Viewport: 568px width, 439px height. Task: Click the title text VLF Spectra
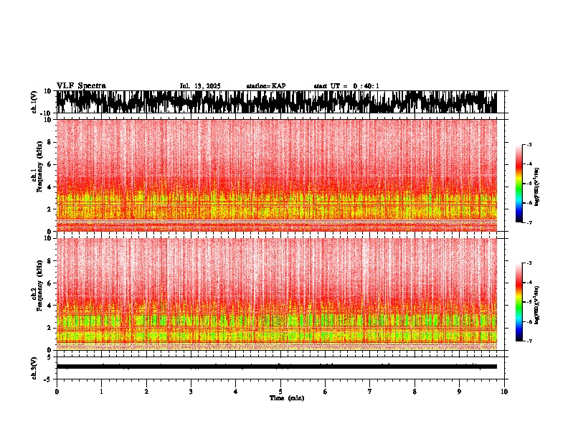click(81, 85)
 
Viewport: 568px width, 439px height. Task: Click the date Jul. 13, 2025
click(200, 86)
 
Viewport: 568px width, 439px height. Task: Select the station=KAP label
click(265, 86)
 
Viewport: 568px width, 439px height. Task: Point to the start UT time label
click(346, 86)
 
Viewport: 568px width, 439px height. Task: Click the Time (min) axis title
click(286, 398)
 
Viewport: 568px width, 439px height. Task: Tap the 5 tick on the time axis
click(280, 392)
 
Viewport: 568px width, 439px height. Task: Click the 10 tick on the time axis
click(504, 392)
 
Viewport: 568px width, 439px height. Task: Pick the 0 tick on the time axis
click(57, 392)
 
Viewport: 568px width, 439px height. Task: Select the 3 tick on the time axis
click(191, 392)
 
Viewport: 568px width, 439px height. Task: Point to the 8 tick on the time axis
click(415, 392)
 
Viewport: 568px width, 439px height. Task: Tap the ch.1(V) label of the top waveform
click(34, 102)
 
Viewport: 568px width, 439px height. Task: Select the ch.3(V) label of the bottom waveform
click(34, 367)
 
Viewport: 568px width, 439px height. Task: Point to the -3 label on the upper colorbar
click(529, 145)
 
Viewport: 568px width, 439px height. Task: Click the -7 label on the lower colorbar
click(529, 341)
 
